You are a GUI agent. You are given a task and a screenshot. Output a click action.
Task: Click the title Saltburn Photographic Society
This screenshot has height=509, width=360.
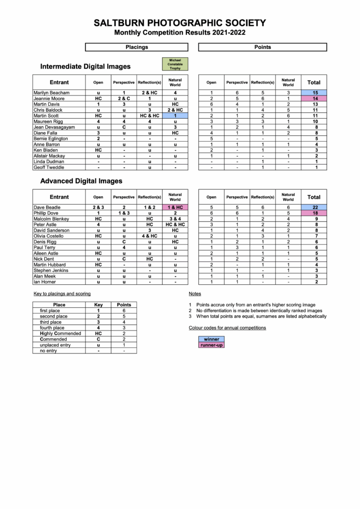(x=180, y=23)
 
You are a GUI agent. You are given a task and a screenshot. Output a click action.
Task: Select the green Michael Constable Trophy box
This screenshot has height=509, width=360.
(x=175, y=64)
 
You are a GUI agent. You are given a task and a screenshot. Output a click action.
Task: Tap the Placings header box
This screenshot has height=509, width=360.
(x=137, y=47)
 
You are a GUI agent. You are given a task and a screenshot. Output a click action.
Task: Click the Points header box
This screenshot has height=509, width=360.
(x=263, y=47)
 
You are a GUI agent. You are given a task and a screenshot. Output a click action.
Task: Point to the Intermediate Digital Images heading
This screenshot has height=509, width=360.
(x=86, y=66)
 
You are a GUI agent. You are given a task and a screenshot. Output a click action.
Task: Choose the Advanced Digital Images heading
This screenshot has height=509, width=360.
(x=81, y=181)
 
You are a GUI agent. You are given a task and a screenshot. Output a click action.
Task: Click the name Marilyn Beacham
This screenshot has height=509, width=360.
(x=52, y=93)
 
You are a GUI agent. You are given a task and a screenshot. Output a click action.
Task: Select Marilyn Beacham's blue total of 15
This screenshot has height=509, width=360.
(x=314, y=93)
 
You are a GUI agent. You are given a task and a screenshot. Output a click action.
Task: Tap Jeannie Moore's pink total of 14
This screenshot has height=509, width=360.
(x=314, y=99)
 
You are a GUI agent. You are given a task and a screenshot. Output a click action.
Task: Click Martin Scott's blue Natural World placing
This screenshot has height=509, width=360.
(x=175, y=116)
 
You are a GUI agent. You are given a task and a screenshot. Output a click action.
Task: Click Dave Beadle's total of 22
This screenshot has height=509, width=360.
(x=314, y=207)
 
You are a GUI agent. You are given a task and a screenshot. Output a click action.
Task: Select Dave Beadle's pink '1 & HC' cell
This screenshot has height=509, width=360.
(x=175, y=207)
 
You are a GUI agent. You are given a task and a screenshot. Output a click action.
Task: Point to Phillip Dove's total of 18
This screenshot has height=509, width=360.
(x=314, y=213)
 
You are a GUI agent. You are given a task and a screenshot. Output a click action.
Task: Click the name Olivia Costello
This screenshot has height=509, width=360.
(x=51, y=236)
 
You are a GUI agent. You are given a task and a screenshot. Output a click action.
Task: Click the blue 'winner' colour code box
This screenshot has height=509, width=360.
(x=211, y=339)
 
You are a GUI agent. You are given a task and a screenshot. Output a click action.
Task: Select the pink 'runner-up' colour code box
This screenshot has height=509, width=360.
(x=211, y=344)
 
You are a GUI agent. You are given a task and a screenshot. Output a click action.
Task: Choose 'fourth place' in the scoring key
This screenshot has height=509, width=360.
(x=52, y=328)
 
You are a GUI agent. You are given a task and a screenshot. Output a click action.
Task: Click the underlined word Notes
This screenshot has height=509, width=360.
(x=195, y=294)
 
